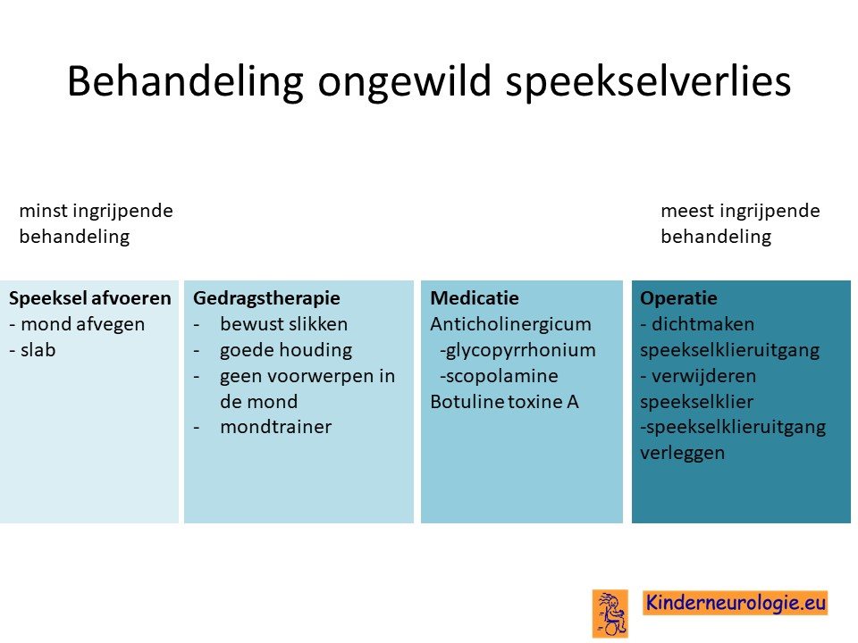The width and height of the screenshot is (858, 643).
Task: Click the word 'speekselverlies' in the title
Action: [x=649, y=81]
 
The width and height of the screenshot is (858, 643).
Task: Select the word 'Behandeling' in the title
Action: [x=186, y=81]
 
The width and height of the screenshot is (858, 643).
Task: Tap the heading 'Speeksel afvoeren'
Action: [x=90, y=298]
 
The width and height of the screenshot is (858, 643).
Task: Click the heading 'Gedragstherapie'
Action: [x=266, y=298]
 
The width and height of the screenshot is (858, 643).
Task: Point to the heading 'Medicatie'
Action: [x=475, y=298]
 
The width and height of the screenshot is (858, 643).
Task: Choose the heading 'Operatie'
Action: [x=678, y=298]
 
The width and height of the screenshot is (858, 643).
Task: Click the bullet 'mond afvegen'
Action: [x=82, y=324]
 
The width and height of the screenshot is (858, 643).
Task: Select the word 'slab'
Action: [x=38, y=350]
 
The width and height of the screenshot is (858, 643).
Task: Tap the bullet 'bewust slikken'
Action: [x=284, y=324]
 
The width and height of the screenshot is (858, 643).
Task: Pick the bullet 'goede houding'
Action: [x=286, y=350]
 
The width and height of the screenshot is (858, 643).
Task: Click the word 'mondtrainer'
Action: [x=276, y=427]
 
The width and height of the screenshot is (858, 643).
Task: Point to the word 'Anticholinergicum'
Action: [x=510, y=324]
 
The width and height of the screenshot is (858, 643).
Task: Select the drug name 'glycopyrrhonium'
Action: [x=520, y=350]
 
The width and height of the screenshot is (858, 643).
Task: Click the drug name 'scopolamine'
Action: [x=501, y=376]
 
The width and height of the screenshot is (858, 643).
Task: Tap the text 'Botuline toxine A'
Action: [x=504, y=401]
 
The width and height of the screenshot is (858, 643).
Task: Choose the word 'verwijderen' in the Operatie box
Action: [x=703, y=376]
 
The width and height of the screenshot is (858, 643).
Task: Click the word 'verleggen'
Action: [x=682, y=453]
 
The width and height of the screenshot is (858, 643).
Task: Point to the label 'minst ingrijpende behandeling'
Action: [x=97, y=223]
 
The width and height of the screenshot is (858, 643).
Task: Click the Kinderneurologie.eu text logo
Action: [x=736, y=603]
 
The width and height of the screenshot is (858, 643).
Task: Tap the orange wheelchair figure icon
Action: [x=610, y=614]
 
